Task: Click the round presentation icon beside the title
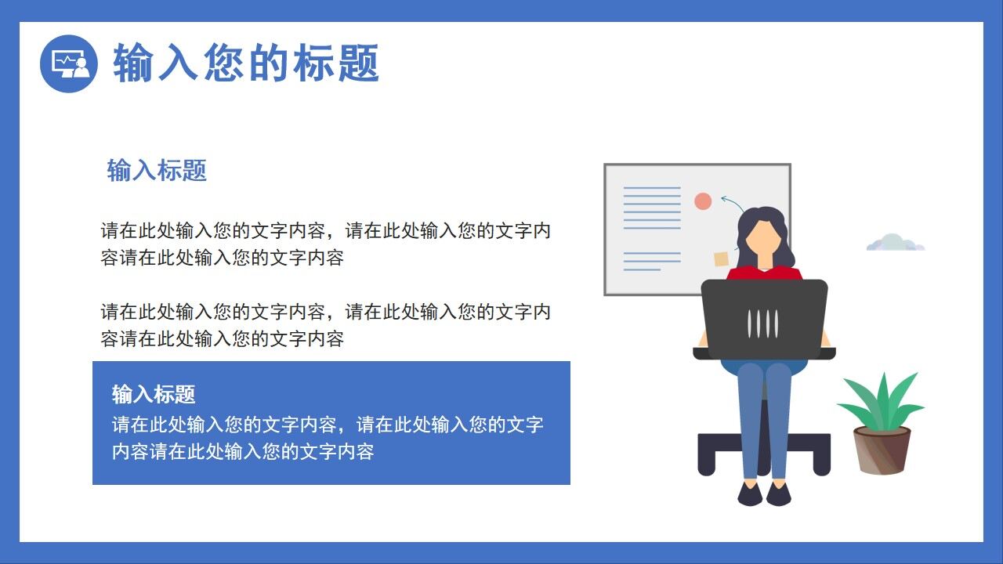click(x=68, y=63)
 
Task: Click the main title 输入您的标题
click(x=246, y=63)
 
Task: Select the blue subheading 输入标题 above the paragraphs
click(x=157, y=170)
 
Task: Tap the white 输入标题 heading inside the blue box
click(x=154, y=394)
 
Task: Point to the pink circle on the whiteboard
click(x=703, y=201)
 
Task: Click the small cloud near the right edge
click(x=895, y=243)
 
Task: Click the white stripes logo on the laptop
click(x=763, y=323)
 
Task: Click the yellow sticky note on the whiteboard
click(x=721, y=259)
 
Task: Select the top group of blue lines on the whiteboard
click(x=652, y=208)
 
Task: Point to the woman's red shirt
click(x=764, y=273)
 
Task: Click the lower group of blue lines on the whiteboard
click(x=650, y=261)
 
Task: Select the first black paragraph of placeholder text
click(x=325, y=244)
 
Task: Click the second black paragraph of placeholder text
click(x=325, y=325)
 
